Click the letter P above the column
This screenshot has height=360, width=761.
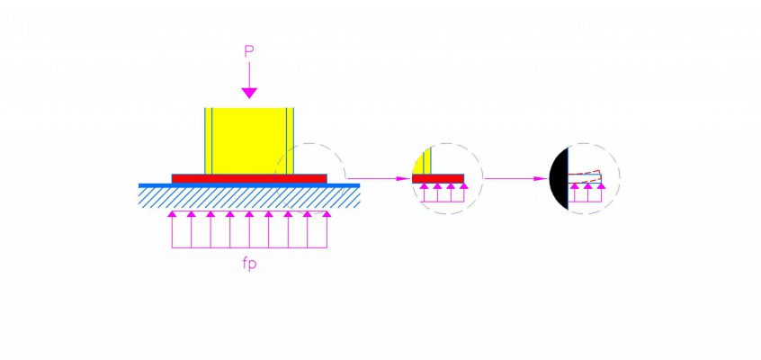pyautogui.click(x=249, y=52)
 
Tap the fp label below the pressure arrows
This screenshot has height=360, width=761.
pyautogui.click(x=248, y=265)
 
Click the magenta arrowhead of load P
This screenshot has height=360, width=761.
pyautogui.click(x=249, y=93)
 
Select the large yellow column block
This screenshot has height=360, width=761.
pyautogui.click(x=249, y=141)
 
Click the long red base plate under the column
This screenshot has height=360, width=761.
pyautogui.click(x=249, y=179)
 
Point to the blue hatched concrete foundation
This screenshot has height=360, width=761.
pyautogui.click(x=249, y=198)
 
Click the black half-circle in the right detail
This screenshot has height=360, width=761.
pyautogui.click(x=560, y=179)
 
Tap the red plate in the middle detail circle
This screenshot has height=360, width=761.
pyautogui.click(x=438, y=179)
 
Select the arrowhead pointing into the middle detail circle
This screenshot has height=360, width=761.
pyautogui.click(x=404, y=179)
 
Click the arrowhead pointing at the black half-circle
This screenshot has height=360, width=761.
pyautogui.click(x=542, y=179)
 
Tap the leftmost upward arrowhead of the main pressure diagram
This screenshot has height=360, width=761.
pyautogui.click(x=172, y=214)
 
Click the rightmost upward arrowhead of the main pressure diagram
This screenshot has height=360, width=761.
pyautogui.click(x=327, y=214)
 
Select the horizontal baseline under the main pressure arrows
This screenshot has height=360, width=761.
pyautogui.click(x=249, y=248)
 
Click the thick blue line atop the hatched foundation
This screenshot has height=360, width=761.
pyautogui.click(x=249, y=185)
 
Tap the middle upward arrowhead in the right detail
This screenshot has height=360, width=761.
pyautogui.click(x=588, y=186)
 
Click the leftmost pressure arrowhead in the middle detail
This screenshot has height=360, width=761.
pyautogui.click(x=424, y=186)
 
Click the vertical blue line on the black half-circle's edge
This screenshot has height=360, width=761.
pyautogui.click(x=569, y=179)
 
